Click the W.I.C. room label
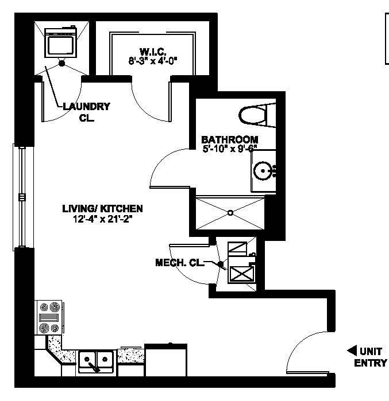pyautogui.click(x=152, y=50)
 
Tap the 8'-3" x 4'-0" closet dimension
pyautogui.click(x=152, y=60)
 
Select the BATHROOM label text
pyautogui.click(x=229, y=139)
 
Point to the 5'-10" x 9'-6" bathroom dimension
pyautogui.click(x=229, y=149)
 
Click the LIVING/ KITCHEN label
pyautogui.click(x=102, y=209)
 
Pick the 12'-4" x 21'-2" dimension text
pyautogui.click(x=102, y=219)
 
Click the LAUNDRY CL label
pyautogui.click(x=86, y=112)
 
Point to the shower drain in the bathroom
pyautogui.click(x=231, y=213)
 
